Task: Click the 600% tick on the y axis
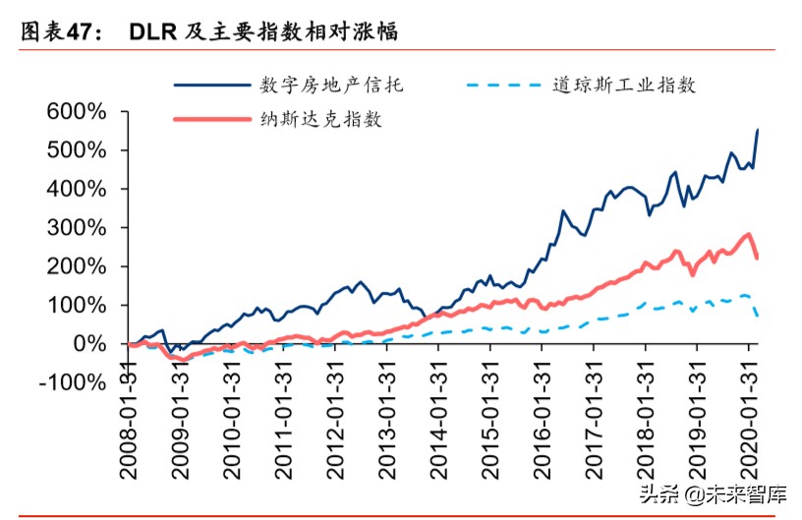point(78,112)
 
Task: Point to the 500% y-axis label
point(78,150)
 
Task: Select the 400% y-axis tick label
point(78,189)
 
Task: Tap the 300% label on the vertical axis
point(78,228)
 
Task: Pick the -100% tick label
point(72,382)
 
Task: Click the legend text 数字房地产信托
point(326,85)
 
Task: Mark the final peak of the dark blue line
point(757,130)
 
